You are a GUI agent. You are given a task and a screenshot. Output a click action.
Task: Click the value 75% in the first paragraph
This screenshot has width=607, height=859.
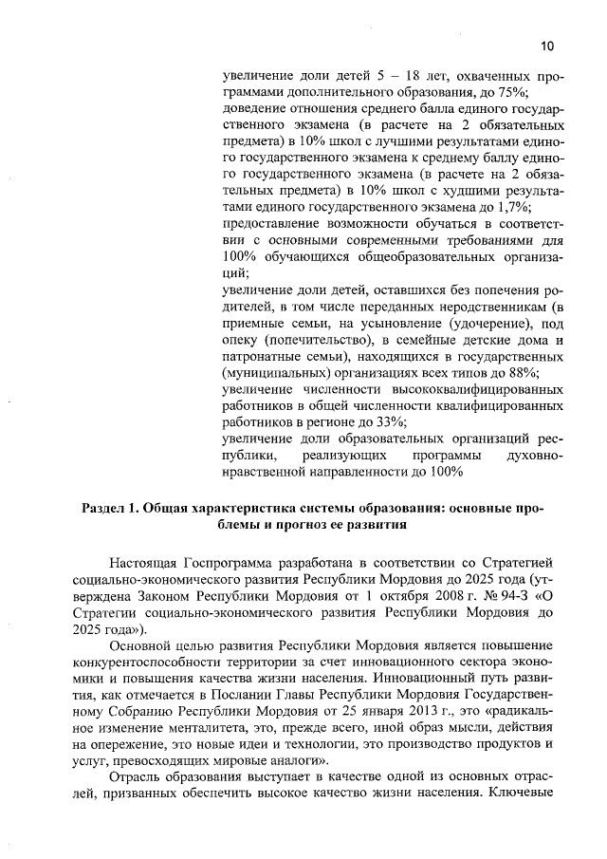513,91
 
